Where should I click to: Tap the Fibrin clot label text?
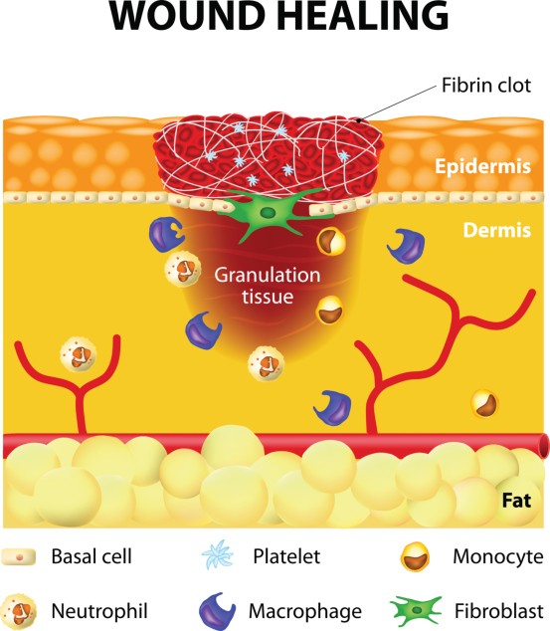click(486, 86)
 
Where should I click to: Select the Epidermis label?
click(482, 166)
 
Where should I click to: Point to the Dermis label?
click(497, 230)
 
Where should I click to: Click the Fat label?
click(516, 501)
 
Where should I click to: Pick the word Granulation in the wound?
click(268, 276)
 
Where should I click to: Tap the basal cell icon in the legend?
click(19, 557)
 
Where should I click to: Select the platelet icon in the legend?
click(218, 555)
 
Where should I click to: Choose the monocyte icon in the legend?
click(416, 556)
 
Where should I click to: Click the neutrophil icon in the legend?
click(19, 611)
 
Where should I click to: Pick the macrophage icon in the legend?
click(217, 612)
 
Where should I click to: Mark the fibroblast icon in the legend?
click(416, 611)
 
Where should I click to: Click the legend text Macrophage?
click(305, 612)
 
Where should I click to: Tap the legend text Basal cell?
click(92, 556)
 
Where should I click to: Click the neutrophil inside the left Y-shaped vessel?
click(78, 354)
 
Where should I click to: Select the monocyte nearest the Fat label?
click(485, 404)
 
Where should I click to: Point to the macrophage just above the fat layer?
click(333, 408)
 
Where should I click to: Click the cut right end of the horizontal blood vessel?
click(546, 446)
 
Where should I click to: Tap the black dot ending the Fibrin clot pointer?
click(359, 119)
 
